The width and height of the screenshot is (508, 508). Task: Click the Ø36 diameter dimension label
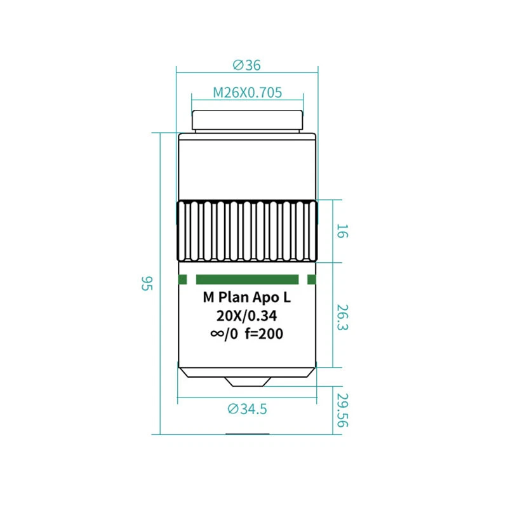246,65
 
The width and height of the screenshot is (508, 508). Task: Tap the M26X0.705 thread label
247,93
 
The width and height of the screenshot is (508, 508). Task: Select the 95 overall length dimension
147,283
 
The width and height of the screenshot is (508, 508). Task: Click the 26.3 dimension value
342,317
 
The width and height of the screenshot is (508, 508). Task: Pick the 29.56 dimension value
342,410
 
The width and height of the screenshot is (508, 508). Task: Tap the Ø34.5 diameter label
247,409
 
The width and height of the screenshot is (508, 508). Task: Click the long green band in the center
247,279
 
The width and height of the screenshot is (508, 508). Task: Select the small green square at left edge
183,279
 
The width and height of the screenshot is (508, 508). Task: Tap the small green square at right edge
311,279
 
